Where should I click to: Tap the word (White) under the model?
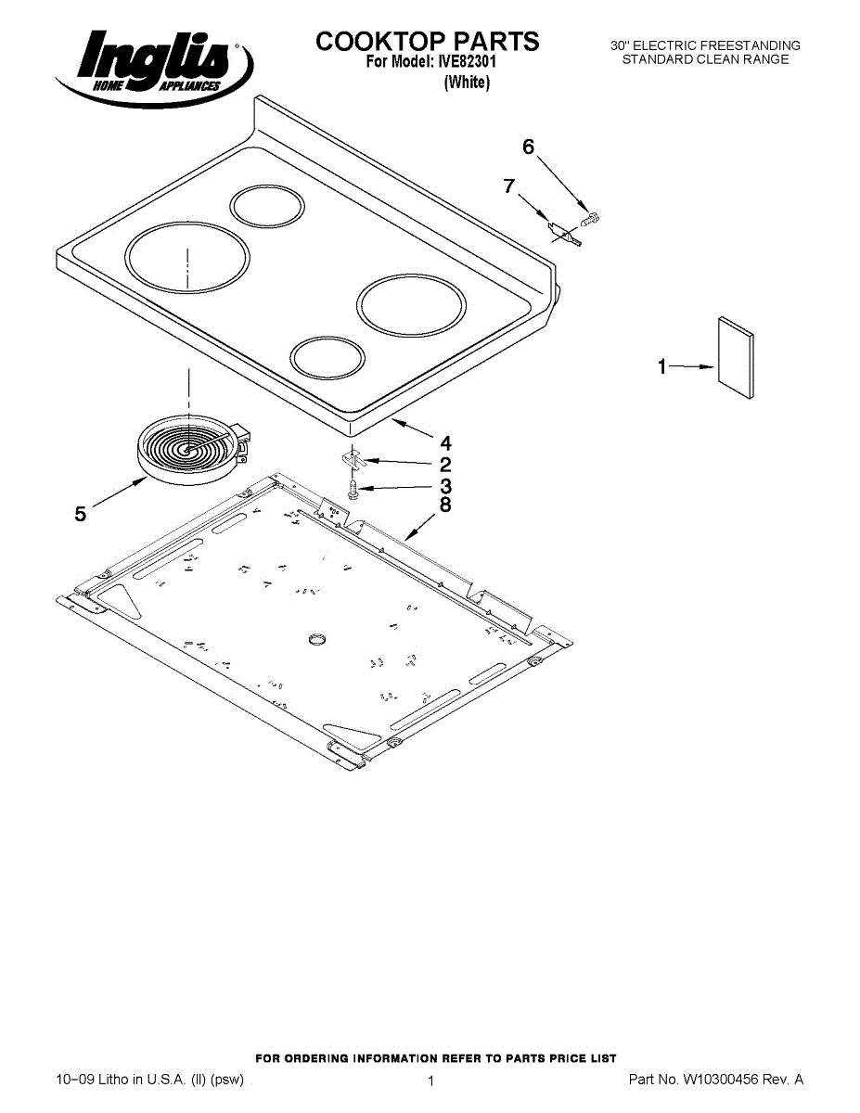[x=467, y=83]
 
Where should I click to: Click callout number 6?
[x=529, y=147]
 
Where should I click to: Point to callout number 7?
[x=508, y=185]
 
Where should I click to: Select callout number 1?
[x=661, y=367]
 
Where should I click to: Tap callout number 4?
[x=445, y=442]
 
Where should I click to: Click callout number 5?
[x=81, y=513]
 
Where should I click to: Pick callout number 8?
[x=445, y=505]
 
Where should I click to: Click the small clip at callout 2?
[x=351, y=457]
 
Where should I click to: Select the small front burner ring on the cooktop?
[x=328, y=357]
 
